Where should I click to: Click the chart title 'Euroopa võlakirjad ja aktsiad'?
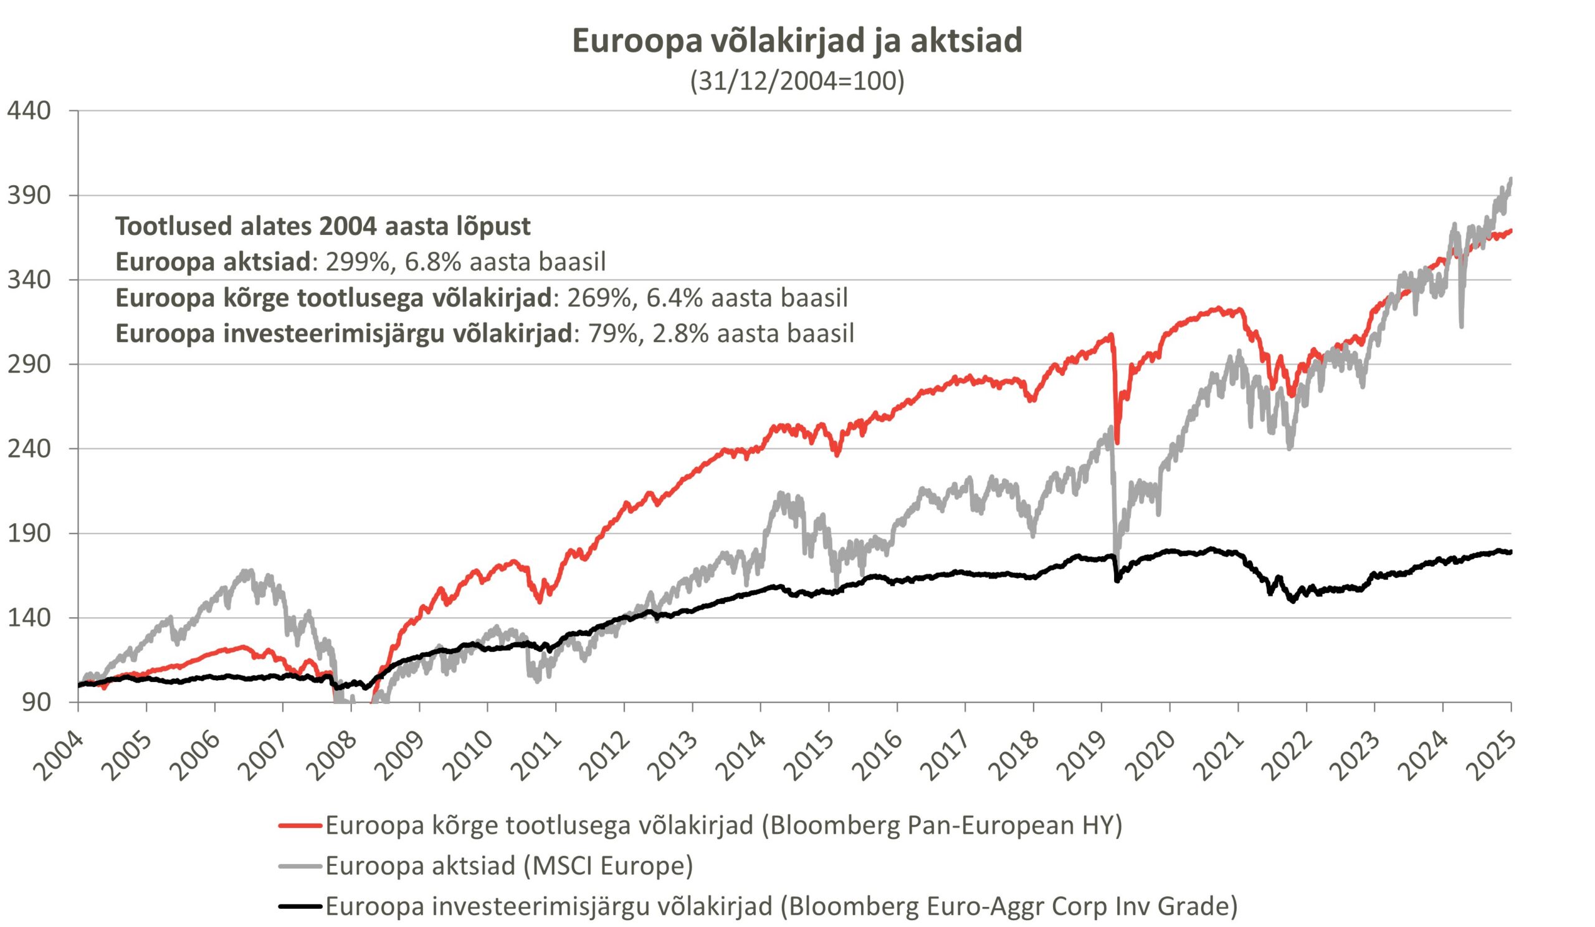point(797,41)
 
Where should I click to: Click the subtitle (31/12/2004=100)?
point(797,81)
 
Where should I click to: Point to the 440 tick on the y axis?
point(29,111)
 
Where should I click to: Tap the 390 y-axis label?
point(29,195)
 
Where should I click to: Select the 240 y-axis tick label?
point(29,448)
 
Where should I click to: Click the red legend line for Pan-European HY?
point(301,825)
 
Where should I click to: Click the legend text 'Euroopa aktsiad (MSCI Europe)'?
point(509,865)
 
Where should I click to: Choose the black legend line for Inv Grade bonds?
point(301,906)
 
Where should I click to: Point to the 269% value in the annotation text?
point(598,297)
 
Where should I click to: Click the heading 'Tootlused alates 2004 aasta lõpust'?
point(323,226)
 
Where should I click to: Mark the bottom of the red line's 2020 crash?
point(1117,443)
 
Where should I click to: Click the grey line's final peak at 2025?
point(1511,179)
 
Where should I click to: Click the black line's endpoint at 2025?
point(1510,552)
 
